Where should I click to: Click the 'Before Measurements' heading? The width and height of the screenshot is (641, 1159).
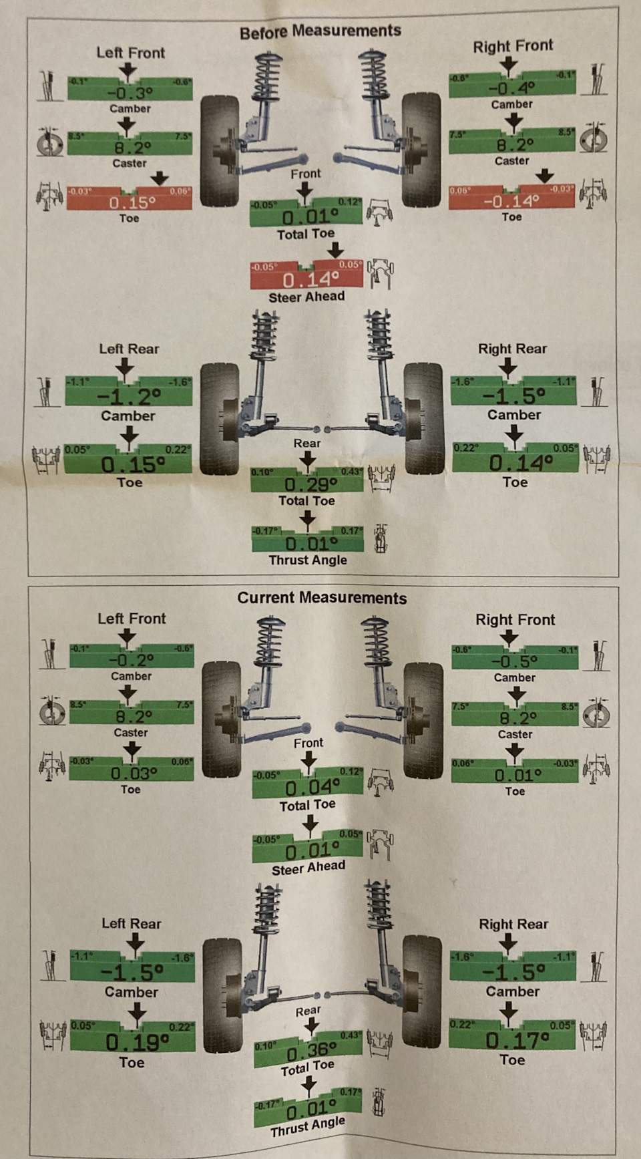(320, 31)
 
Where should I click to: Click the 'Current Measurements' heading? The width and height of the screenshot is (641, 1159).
(322, 598)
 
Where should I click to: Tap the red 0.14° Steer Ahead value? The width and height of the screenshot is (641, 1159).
(306, 279)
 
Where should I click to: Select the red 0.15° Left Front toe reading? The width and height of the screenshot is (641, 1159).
(130, 202)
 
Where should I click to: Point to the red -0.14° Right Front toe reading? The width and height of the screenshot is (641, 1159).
(511, 200)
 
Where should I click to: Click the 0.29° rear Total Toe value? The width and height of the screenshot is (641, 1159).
(306, 484)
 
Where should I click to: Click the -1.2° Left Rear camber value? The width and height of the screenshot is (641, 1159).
(128, 396)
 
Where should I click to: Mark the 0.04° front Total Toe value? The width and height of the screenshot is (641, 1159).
(307, 788)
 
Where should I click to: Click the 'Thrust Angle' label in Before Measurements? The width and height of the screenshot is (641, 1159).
(307, 560)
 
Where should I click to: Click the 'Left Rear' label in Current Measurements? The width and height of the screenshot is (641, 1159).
(132, 923)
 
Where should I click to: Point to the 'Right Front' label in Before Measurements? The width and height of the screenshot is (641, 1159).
(513, 46)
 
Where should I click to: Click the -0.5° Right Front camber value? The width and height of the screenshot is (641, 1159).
(514, 661)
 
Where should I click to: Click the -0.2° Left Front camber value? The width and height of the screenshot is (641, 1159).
(132, 660)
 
